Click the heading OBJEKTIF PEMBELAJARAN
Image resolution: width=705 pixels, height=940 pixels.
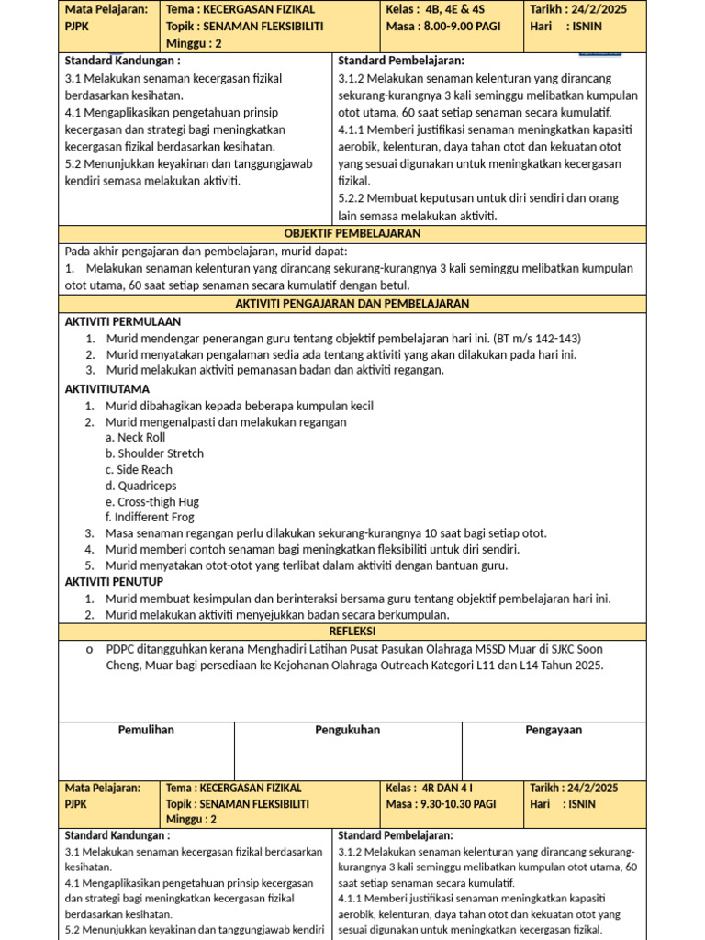tap(352, 233)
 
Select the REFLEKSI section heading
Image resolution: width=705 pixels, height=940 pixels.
tap(352, 631)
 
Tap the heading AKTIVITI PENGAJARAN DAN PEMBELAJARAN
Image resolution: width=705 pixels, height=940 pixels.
tap(352, 303)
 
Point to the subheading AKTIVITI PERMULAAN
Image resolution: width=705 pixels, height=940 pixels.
tap(123, 321)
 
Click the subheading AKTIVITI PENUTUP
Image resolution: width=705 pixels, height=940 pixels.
tap(114, 582)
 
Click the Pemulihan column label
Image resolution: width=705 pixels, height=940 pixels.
tap(146, 730)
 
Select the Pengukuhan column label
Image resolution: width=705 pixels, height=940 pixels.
tap(348, 730)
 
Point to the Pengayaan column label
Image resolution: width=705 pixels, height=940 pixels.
tap(554, 730)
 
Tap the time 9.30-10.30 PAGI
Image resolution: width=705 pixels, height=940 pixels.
tap(458, 803)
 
